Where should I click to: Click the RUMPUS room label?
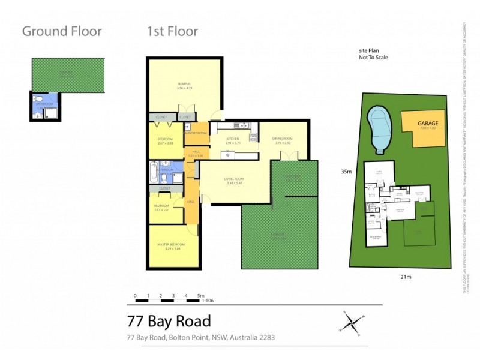(184, 83)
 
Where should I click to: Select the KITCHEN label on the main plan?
(232, 139)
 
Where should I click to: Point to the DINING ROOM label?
(283, 139)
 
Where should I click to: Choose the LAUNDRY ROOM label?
(195, 133)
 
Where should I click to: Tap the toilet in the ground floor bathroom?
(37, 98)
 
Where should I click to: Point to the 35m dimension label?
(344, 170)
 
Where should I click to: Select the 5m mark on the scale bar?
(201, 296)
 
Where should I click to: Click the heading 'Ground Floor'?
(62, 31)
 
